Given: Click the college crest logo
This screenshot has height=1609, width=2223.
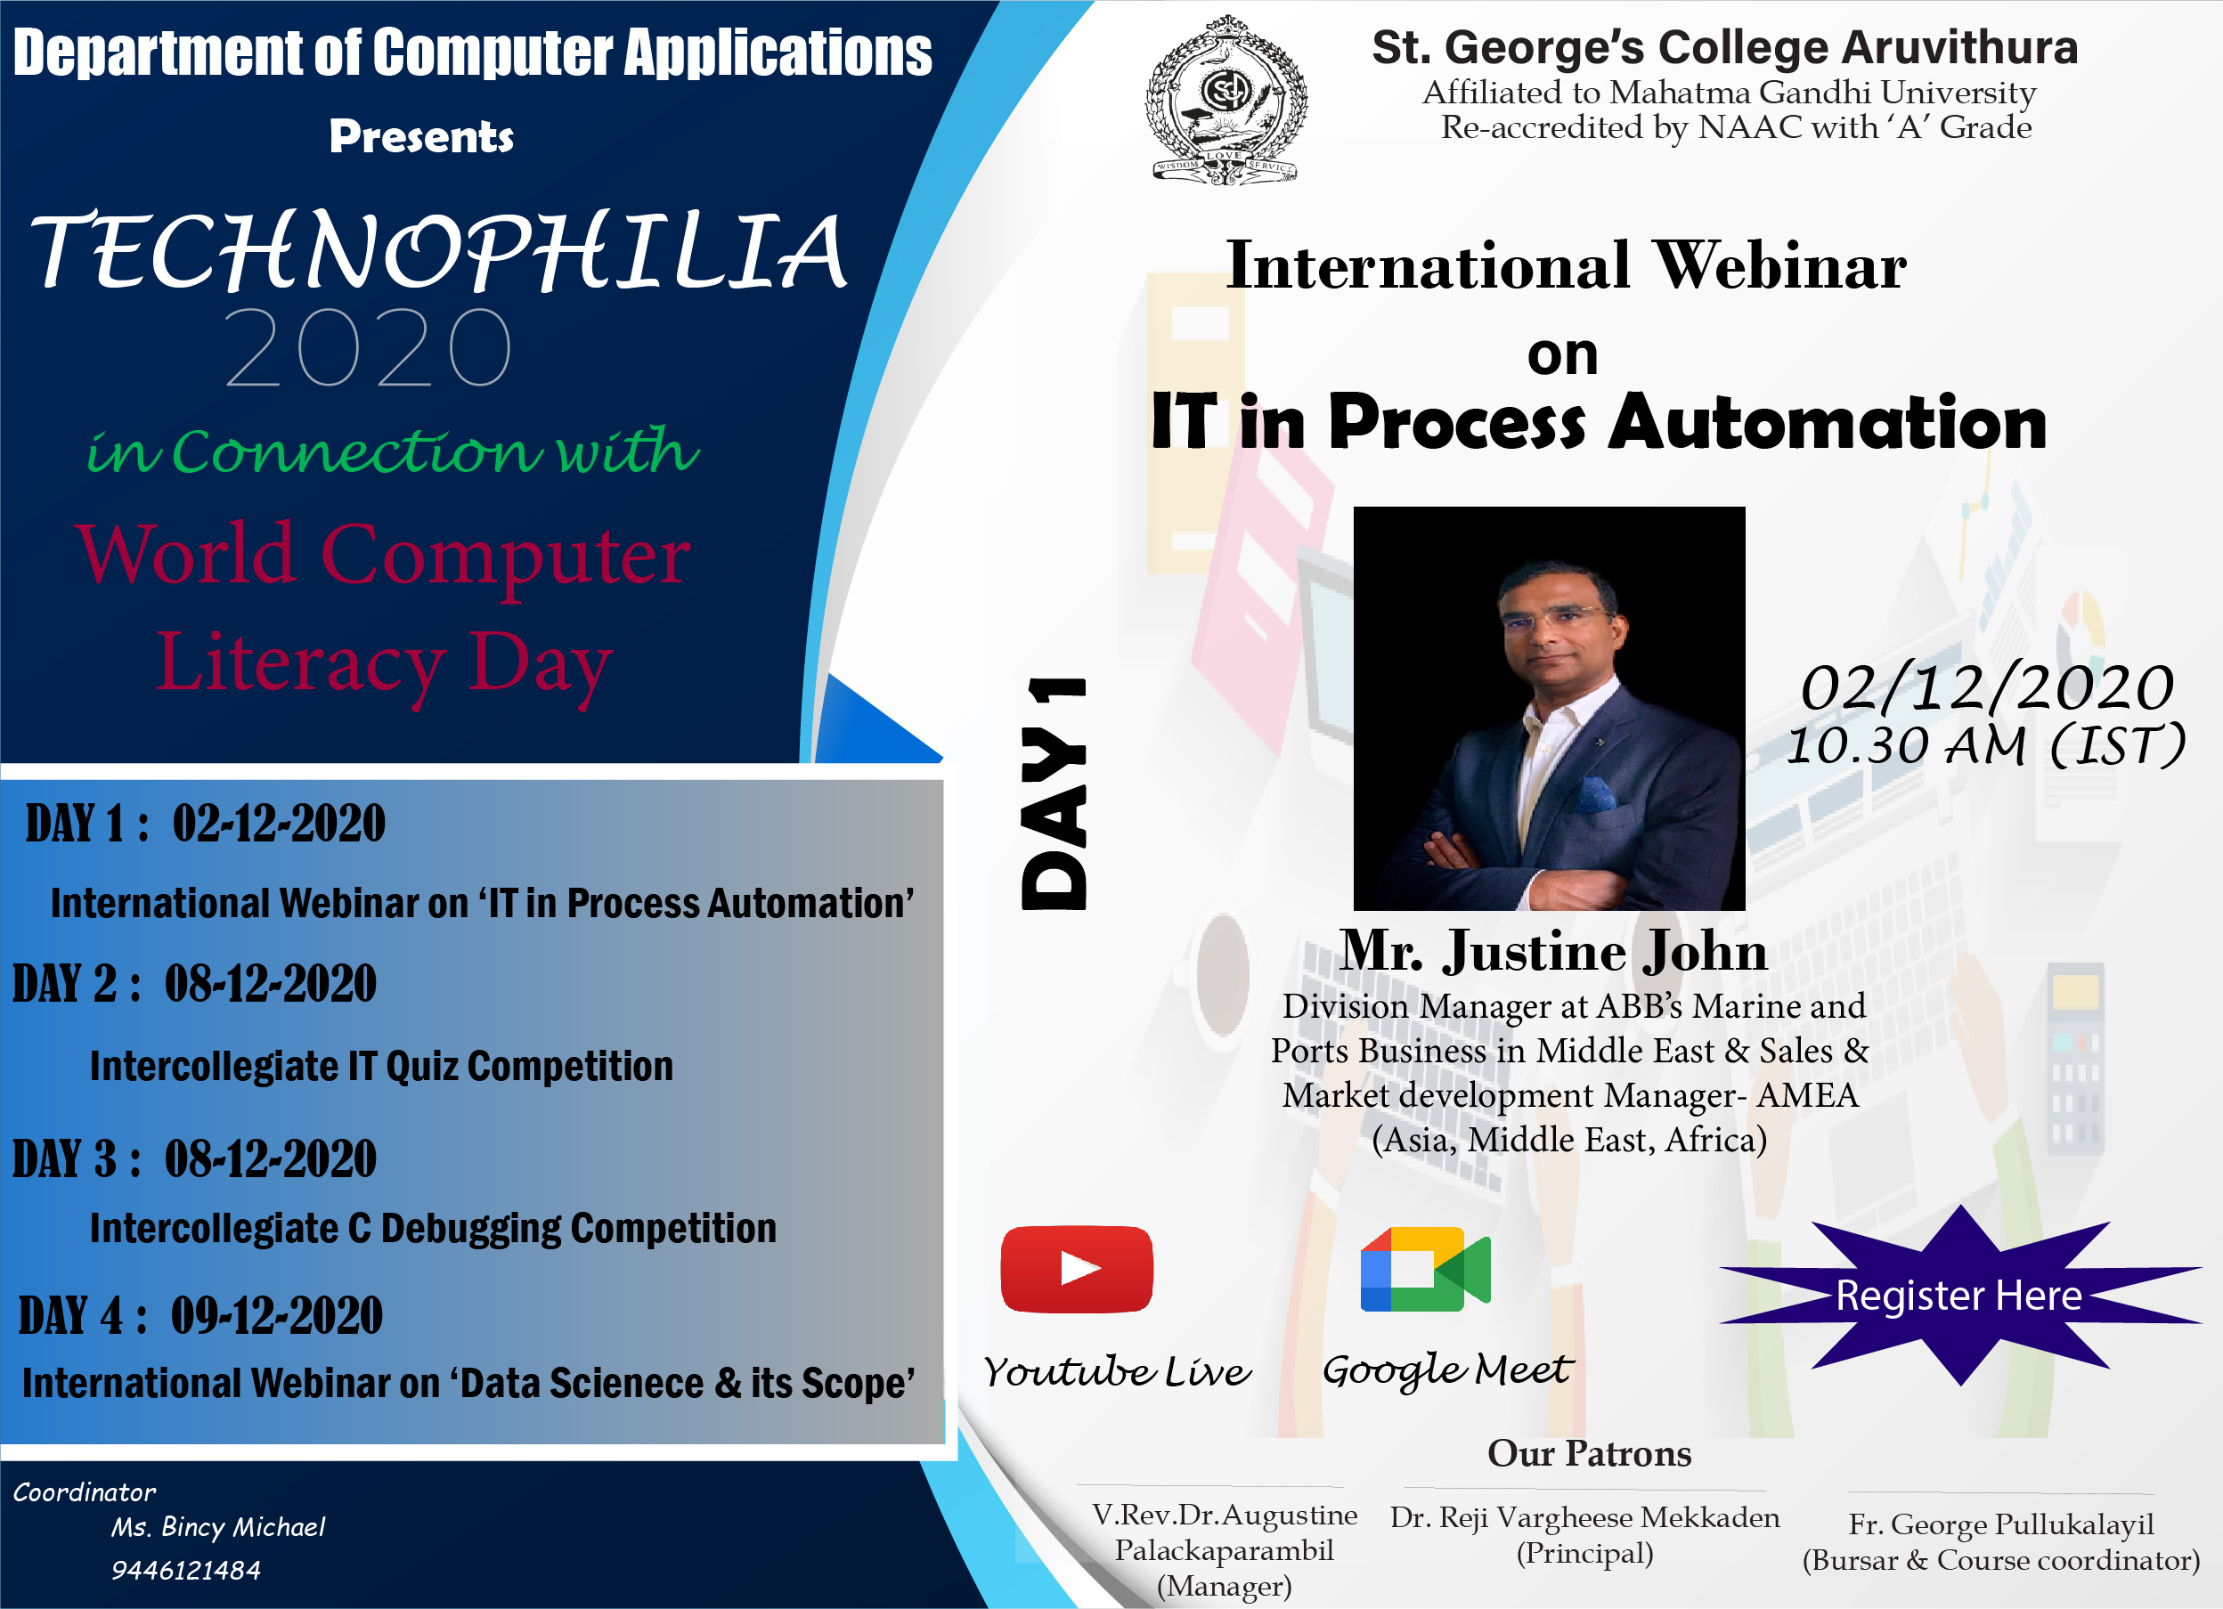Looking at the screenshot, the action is pos(1225,99).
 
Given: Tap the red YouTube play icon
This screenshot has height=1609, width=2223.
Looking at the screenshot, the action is pos(1076,1268).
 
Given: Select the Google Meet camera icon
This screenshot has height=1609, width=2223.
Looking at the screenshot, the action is pos(1425,1268).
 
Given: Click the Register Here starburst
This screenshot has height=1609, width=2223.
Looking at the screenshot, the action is pos(1959,1295).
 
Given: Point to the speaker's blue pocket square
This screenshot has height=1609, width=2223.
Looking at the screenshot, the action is pos(1596,792).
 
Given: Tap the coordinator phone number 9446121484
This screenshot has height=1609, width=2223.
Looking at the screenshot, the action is pos(185,1570).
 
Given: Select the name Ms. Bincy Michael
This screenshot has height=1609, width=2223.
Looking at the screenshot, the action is pos(217,1527).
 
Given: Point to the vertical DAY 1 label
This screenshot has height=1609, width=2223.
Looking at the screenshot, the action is pos(1054,792).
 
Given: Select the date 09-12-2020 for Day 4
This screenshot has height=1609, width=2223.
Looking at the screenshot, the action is pos(276,1315).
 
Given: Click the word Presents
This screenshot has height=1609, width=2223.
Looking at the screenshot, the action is pos(421,136).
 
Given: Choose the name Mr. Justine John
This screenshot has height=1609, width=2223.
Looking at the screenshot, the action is pos(1553,950).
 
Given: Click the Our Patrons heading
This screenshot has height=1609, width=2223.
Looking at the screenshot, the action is pos(1589,1453).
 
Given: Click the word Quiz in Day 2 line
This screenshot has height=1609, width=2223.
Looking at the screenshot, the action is pos(421,1066).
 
